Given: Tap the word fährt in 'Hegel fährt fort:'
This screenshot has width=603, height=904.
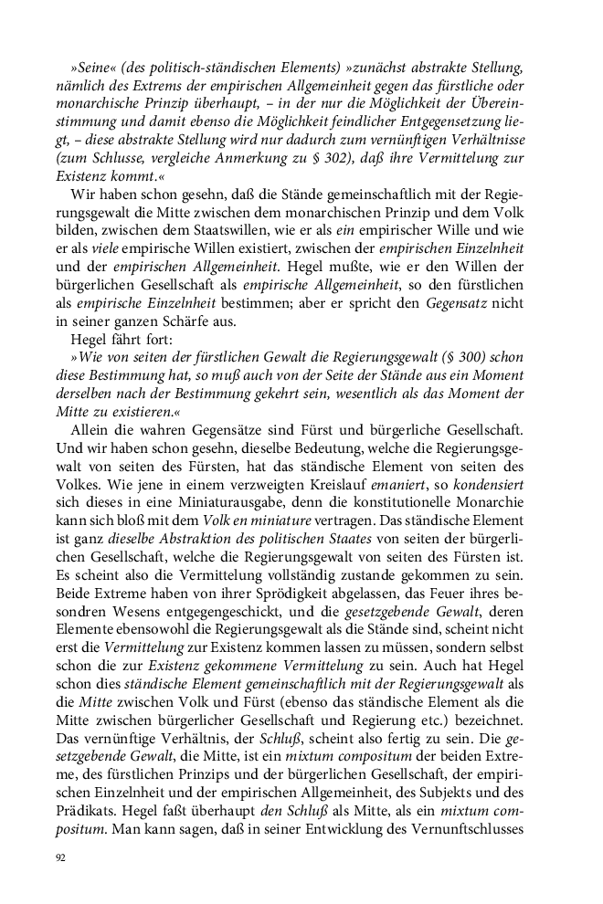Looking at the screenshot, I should click(x=132, y=342).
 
